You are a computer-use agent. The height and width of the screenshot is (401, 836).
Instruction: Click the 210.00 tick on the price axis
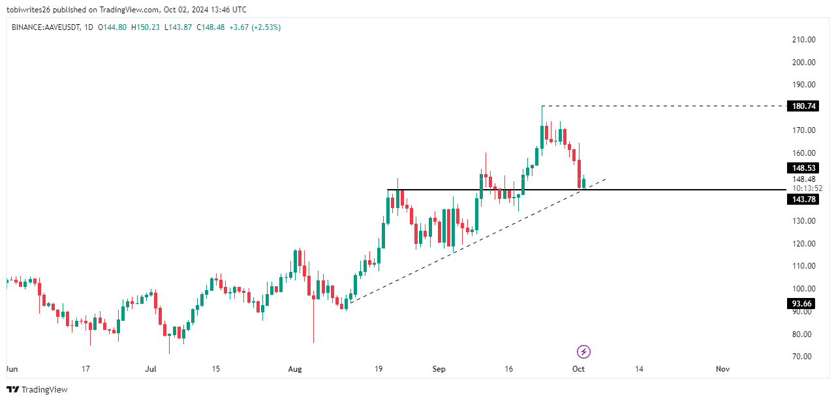click(803, 40)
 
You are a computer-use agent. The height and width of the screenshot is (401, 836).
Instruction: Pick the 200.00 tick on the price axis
click(803, 63)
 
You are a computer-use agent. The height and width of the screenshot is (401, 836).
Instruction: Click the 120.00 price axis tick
click(803, 244)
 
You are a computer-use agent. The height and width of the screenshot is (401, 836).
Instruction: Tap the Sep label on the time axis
click(439, 369)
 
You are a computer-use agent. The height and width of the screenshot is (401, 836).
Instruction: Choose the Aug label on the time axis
click(295, 369)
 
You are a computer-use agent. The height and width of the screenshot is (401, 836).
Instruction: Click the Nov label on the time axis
click(722, 369)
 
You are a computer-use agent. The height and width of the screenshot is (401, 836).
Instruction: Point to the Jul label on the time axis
click(151, 369)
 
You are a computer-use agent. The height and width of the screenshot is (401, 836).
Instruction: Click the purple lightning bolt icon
click(583, 352)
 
